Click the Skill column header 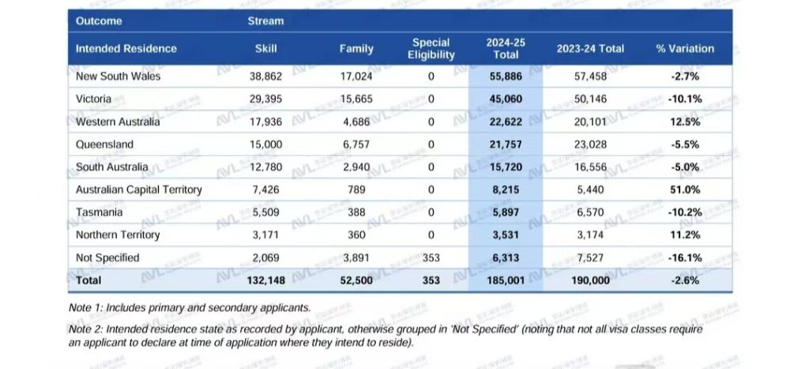coord(265,49)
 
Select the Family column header coord(356,49)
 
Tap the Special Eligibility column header coord(431,49)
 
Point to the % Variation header coord(684,49)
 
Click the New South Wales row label coord(118,77)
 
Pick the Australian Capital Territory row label coord(138,190)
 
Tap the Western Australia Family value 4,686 coord(356,122)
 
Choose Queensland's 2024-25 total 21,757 coord(506,145)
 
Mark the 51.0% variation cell coord(684,190)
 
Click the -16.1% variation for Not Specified coord(684,258)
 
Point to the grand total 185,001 coord(506,281)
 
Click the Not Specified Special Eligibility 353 coord(431,258)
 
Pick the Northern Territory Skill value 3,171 coord(265,235)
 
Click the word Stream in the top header coord(265,21)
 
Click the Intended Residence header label coord(126,49)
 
